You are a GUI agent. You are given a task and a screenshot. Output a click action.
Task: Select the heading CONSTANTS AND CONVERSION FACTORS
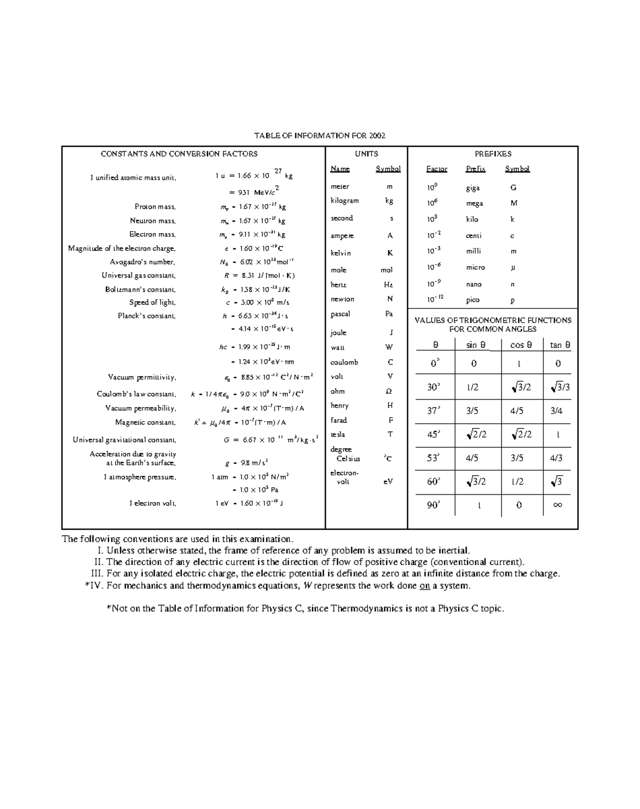click(179, 154)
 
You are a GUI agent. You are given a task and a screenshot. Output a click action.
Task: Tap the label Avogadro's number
click(142, 262)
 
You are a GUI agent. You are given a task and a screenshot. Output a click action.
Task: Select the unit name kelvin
click(341, 253)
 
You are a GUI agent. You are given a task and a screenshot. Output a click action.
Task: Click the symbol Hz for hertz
click(389, 285)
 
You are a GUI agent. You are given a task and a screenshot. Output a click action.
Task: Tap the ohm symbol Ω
click(389, 391)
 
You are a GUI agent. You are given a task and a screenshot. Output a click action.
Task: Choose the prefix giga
click(473, 188)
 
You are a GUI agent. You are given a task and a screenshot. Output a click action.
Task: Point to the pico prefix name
click(473, 300)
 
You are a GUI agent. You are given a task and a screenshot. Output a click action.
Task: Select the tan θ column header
click(560, 345)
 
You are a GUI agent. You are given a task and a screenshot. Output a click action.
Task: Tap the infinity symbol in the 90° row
click(558, 505)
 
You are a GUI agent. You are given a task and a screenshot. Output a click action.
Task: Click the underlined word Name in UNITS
click(340, 169)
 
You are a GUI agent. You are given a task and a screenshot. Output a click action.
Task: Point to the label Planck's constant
click(147, 316)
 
